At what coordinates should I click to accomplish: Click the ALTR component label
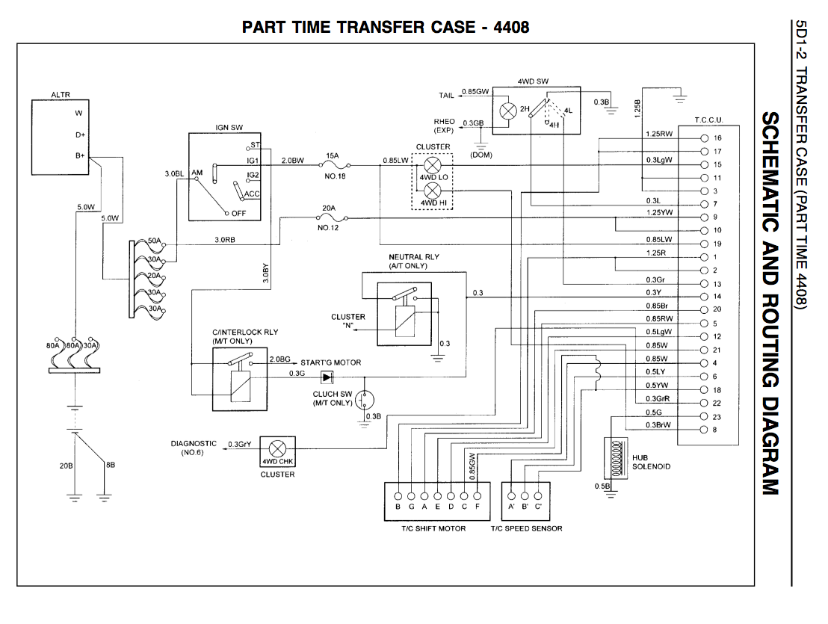[61, 95]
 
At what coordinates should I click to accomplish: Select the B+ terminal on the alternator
[79, 155]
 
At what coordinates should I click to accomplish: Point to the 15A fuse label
[331, 155]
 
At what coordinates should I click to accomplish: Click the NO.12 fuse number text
[329, 228]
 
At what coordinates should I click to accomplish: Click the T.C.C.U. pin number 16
[717, 139]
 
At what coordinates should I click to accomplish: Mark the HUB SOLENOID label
[651, 462]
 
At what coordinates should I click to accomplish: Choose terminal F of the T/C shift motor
[478, 496]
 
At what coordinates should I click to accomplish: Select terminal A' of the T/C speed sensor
[511, 496]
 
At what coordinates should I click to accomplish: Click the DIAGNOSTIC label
[194, 443]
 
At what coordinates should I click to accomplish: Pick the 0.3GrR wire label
[658, 399]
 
